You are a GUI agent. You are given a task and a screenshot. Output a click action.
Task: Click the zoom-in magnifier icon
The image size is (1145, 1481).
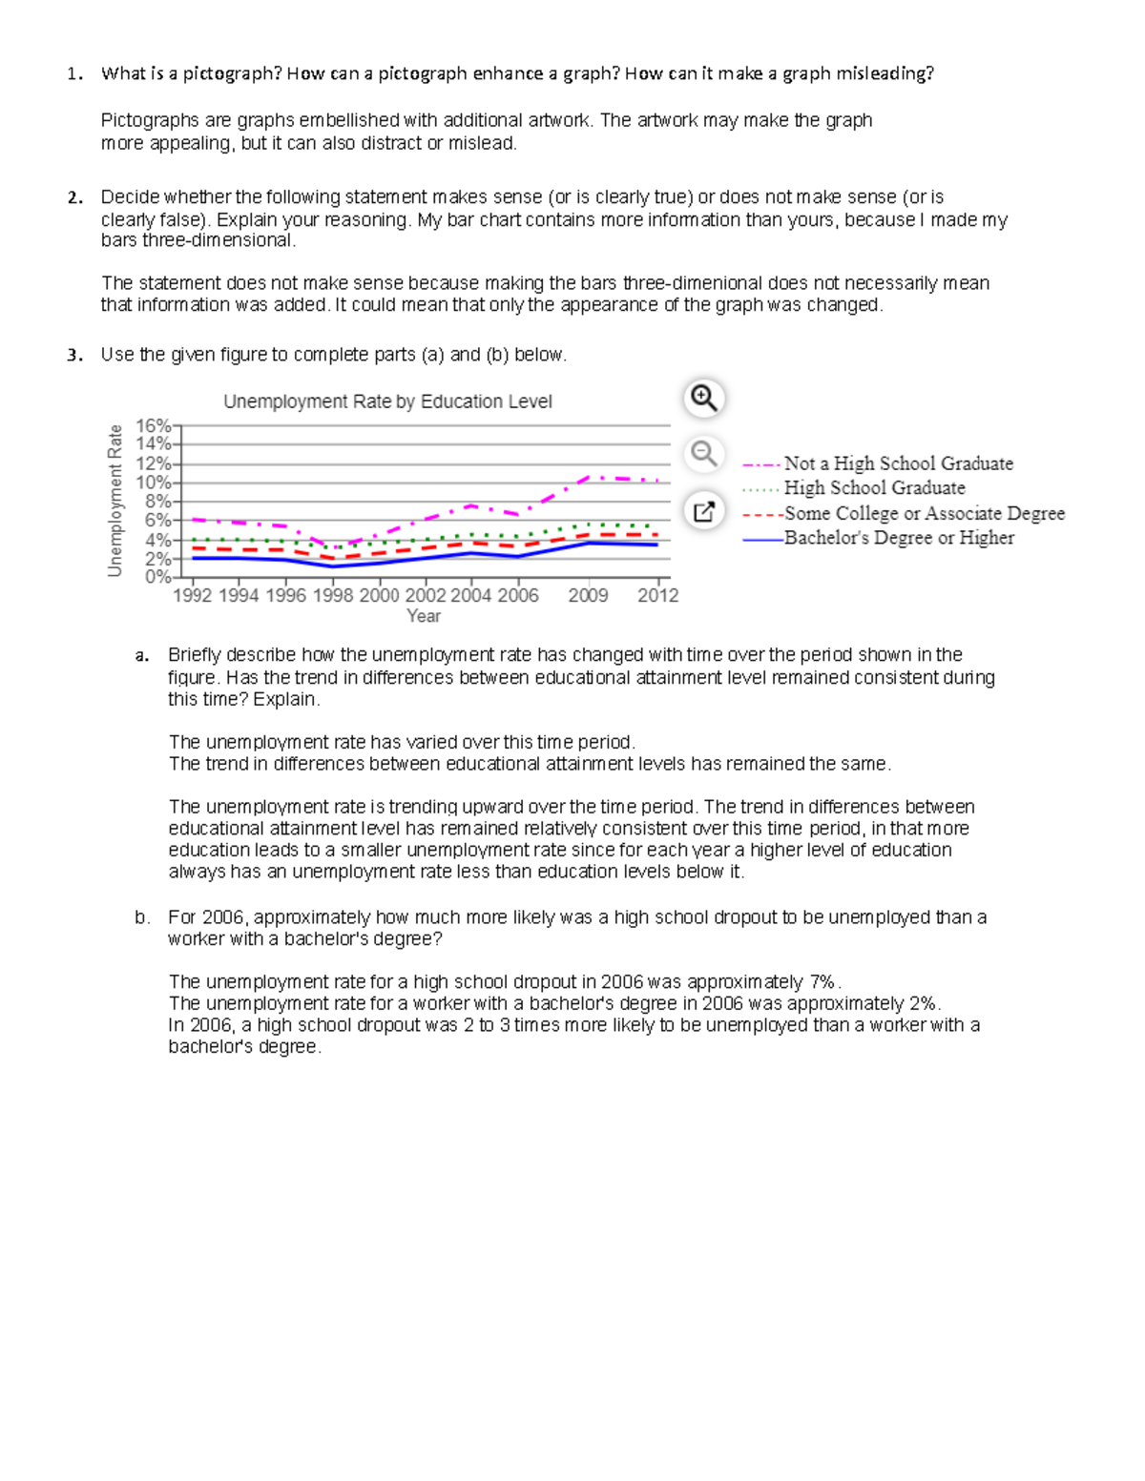tap(704, 398)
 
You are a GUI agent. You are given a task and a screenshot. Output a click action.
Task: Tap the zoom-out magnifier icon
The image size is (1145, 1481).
tap(704, 453)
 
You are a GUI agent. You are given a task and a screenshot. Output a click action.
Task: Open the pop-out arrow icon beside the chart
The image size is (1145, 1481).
tap(704, 512)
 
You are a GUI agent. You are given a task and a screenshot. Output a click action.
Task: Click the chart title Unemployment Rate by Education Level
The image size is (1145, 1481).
tap(387, 401)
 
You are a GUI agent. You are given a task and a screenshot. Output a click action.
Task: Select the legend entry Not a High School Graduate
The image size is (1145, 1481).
tap(898, 463)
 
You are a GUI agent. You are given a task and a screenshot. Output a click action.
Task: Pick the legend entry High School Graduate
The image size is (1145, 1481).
tap(874, 488)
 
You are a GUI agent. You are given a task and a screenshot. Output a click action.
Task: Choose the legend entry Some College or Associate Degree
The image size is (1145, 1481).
tap(924, 513)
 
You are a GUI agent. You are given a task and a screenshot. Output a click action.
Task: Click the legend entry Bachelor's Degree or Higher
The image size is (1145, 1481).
tap(899, 538)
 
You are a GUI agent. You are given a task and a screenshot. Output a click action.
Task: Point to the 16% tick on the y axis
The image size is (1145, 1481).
tap(154, 425)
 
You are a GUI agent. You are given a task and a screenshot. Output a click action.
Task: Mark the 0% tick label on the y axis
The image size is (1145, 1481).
tap(157, 577)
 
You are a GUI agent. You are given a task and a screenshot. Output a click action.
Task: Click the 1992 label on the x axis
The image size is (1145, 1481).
tap(193, 595)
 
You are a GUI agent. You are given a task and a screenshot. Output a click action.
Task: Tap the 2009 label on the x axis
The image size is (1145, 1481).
tap(588, 595)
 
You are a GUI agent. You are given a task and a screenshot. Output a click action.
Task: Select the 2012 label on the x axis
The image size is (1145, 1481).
tap(658, 595)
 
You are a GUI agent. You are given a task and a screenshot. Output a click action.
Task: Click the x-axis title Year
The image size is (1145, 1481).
tap(424, 616)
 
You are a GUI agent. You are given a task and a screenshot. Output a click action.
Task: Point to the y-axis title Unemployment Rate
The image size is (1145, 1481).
tap(115, 501)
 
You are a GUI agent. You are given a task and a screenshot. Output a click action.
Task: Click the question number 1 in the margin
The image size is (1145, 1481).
tap(73, 74)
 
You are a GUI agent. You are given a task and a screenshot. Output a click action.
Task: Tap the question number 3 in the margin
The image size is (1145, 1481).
tap(73, 355)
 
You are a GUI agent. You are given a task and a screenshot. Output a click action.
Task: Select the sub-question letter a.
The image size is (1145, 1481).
tap(141, 655)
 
